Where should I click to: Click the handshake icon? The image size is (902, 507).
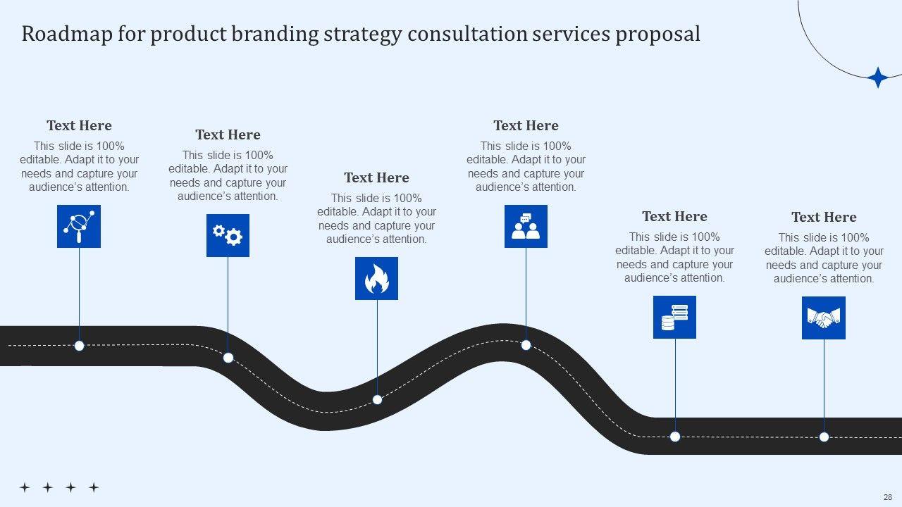823,318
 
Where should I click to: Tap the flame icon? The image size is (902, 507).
376,278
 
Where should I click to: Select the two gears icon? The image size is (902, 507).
228,235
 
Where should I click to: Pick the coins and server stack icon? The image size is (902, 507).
674,317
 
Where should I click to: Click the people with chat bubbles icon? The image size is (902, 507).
526,226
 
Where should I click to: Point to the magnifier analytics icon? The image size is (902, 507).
79,226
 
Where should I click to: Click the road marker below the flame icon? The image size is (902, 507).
377,399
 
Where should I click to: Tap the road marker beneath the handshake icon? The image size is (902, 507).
824,437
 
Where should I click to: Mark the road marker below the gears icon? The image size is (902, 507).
228,358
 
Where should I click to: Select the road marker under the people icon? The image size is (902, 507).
526,345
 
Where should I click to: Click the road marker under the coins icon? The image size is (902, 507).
675,437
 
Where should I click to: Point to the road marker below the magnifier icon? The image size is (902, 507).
80,346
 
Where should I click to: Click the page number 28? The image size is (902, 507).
887,496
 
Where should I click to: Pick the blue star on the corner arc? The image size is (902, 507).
877,77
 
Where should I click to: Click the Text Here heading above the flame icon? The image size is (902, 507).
376,177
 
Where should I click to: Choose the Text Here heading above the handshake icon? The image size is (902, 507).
824,217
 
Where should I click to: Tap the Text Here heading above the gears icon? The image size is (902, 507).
228,134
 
